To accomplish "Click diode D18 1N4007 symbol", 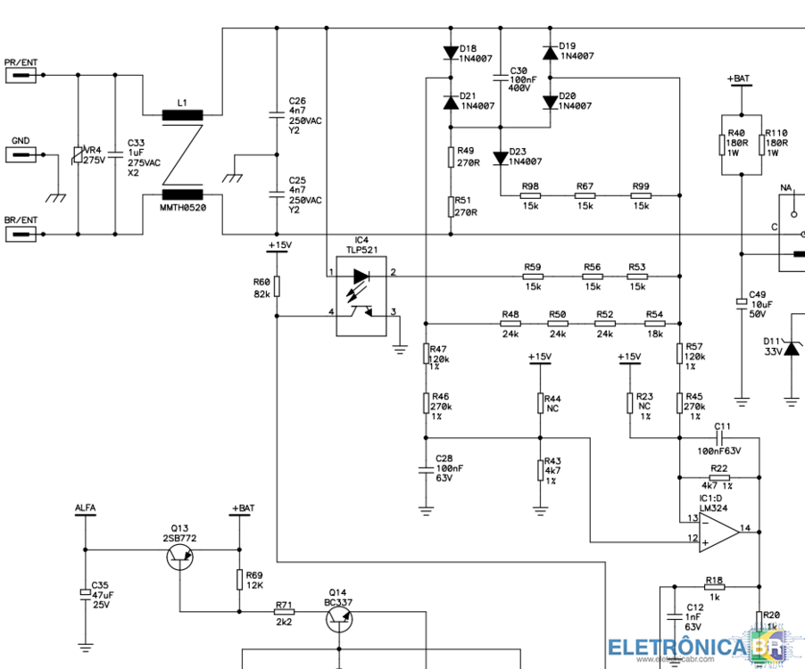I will [450, 53].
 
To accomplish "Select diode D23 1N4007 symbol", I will [501, 158].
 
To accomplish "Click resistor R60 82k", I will [277, 286].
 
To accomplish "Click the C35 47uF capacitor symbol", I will [86, 593].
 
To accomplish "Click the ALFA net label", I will [86, 508].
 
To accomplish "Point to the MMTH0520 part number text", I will [181, 209].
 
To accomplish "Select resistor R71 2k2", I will [284, 612].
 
